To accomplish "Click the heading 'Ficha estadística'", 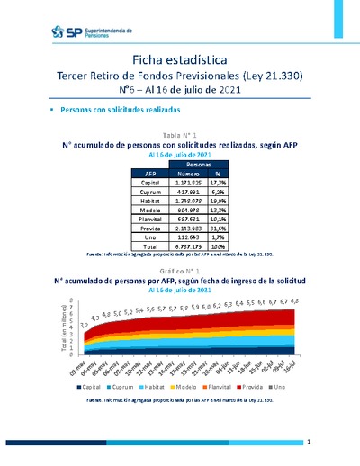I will pos(178,58).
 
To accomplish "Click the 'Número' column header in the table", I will pos(175,173).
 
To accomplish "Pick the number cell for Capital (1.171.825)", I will pos(175,183).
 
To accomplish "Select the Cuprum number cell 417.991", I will pos(175,193).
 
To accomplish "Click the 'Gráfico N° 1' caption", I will pos(179,270).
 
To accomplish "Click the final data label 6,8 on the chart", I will pos(296,300).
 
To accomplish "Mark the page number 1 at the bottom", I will pos(308,443).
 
